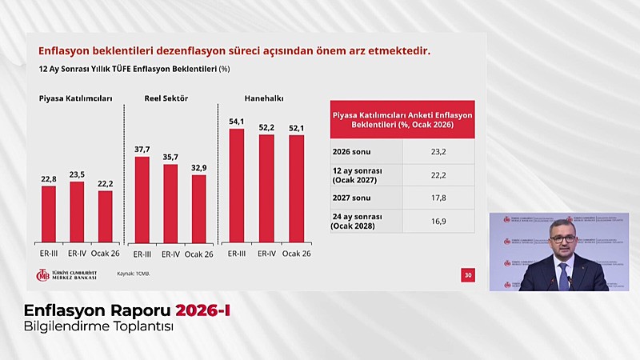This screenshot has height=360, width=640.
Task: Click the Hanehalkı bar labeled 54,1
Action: point(236,185)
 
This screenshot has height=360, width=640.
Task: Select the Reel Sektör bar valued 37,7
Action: point(142,199)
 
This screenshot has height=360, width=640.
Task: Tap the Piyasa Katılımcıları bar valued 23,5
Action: point(77,211)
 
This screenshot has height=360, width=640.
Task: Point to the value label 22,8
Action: point(49,179)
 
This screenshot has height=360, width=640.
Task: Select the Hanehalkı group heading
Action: point(264,98)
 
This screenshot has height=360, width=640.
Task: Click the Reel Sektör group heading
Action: point(166,98)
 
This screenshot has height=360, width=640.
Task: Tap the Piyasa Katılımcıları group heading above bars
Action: point(75,98)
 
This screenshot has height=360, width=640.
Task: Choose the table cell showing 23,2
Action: point(438,150)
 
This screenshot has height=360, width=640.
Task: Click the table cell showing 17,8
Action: point(438,197)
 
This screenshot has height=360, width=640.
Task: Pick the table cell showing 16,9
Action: point(438,221)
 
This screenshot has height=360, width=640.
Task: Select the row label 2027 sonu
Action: point(352,197)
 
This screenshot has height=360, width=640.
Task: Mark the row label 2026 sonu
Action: point(352,150)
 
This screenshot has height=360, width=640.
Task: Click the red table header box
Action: point(402,120)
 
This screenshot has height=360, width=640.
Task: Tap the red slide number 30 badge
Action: point(468,275)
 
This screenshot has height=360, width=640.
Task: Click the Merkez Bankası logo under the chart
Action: point(66,274)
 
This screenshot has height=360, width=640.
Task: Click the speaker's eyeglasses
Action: point(562,238)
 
